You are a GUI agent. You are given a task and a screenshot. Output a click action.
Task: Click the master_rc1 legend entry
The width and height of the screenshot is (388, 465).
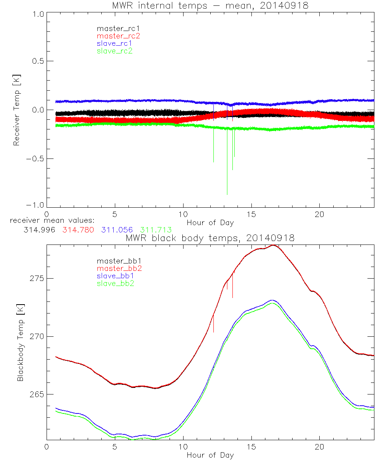115,28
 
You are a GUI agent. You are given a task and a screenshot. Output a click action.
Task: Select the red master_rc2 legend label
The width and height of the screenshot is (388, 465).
118,36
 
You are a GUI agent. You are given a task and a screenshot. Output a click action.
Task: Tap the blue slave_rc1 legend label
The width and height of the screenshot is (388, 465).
114,43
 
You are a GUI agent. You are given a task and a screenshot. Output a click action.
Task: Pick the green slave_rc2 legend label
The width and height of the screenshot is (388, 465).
114,51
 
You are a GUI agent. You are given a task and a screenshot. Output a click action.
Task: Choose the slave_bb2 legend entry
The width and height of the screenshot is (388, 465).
116,284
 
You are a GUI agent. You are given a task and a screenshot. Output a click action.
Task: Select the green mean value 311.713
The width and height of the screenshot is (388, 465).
156,230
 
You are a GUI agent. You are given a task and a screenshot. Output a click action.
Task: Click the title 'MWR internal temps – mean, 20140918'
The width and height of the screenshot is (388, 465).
210,6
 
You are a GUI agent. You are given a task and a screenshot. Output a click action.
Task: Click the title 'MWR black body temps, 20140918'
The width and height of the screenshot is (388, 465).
210,238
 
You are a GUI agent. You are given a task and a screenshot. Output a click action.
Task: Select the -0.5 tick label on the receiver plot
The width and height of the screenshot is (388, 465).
35,158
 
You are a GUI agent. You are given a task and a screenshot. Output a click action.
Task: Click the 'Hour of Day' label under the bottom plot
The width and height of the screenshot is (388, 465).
210,455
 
